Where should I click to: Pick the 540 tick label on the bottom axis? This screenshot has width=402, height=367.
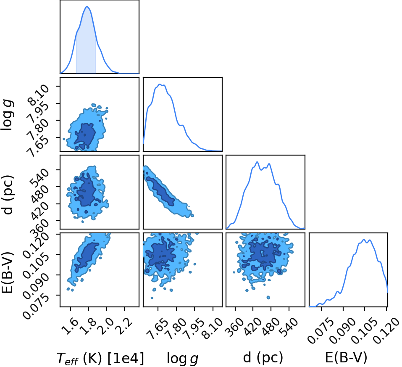pos(289,327)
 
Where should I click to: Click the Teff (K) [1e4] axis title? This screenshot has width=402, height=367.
pos(100,358)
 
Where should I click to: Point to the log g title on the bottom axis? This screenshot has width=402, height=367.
pos(183,358)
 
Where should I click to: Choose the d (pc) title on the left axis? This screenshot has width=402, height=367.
pos(8,195)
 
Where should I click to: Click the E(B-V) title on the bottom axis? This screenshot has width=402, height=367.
pos(346,357)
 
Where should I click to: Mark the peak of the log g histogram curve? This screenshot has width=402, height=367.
pos(160,84)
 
